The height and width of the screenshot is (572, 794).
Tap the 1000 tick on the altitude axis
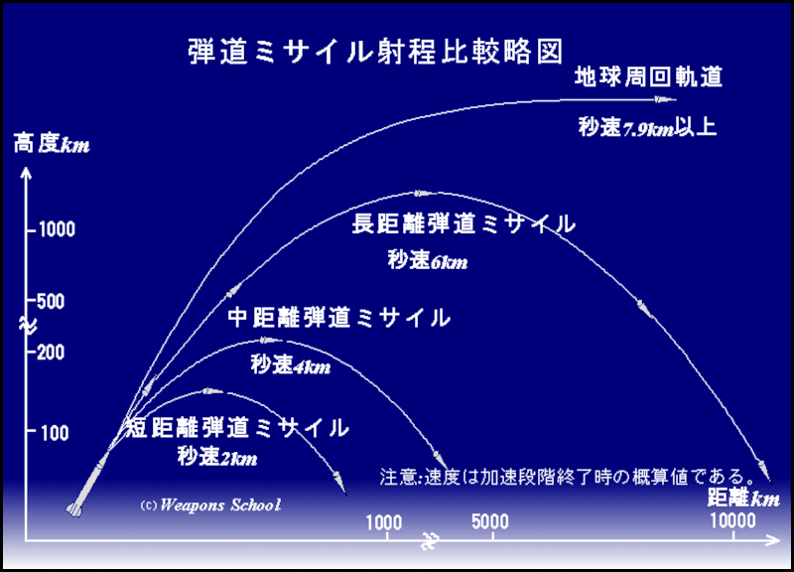(x=56, y=229)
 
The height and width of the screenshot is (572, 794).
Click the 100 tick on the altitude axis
(x=56, y=433)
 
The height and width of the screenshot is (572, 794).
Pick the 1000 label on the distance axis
(x=383, y=522)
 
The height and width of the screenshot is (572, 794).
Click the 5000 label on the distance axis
(x=490, y=522)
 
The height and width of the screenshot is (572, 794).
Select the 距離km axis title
(x=743, y=496)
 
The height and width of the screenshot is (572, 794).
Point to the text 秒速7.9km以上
(x=647, y=127)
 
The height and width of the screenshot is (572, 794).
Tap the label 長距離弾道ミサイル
(x=463, y=224)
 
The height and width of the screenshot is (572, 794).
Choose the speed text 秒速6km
(x=427, y=262)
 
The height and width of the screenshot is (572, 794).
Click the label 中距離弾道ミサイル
(x=339, y=318)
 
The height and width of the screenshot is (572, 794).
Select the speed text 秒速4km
(x=290, y=365)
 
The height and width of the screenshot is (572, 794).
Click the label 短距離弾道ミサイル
(x=237, y=429)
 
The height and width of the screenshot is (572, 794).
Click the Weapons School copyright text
(x=210, y=504)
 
